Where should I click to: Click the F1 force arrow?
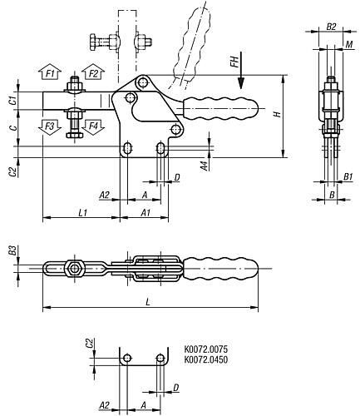click(x=50, y=72)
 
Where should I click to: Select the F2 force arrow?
click(x=93, y=72)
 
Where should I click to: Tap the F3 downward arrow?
click(x=50, y=127)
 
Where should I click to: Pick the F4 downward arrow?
click(x=93, y=127)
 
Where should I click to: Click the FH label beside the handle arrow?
click(x=234, y=62)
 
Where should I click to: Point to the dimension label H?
click(x=278, y=114)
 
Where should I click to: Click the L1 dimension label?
click(x=83, y=213)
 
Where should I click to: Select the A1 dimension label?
click(x=145, y=213)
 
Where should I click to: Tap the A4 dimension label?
click(x=205, y=166)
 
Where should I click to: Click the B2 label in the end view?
click(x=331, y=27)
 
